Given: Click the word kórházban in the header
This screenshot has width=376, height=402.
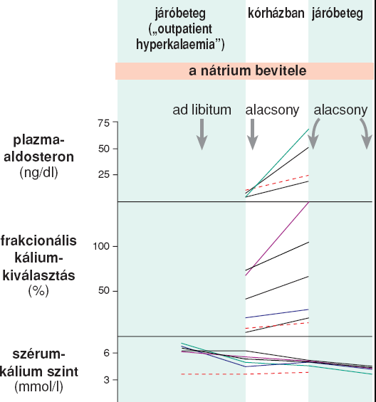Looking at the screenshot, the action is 276,13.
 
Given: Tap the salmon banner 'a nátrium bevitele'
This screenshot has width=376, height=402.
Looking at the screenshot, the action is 244,71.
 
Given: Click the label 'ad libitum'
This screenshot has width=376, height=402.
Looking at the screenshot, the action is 202,110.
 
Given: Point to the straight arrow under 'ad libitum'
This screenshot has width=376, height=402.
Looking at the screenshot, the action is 202,134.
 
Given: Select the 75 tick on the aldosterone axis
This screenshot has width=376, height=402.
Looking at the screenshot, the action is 104,123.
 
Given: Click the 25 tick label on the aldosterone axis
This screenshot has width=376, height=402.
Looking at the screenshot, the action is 104,174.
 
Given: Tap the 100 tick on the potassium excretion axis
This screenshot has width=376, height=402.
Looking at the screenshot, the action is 101,246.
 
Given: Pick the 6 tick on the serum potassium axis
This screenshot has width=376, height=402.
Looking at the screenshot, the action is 107,353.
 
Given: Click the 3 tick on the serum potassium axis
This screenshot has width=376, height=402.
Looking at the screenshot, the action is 107,380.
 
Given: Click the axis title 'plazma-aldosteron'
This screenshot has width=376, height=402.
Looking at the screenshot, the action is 38,149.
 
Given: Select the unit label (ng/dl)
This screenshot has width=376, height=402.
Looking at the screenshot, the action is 38,173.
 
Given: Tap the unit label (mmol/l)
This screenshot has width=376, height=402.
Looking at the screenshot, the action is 38,387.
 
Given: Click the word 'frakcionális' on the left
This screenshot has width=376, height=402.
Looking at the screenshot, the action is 38,241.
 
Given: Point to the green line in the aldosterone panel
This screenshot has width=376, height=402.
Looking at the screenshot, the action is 277,163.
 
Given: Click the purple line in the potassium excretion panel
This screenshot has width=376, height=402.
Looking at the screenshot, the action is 277,238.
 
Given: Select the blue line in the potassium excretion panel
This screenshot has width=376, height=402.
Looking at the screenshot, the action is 277,314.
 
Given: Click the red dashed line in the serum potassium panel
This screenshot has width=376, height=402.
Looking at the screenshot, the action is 244,374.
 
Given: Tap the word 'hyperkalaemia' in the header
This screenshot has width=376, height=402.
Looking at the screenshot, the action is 175,44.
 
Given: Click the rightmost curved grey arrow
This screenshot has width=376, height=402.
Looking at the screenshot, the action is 366,133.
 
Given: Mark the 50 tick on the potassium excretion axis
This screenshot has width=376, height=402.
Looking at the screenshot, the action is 104,291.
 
